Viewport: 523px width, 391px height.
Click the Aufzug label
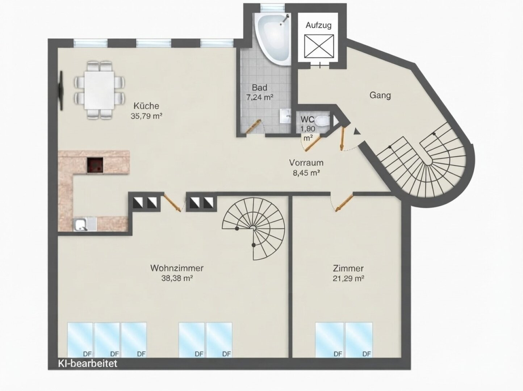tap(319, 25)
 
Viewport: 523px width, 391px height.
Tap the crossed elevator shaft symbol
tap(319, 46)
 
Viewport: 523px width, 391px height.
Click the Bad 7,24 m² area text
tap(259, 92)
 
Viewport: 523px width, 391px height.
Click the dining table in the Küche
tap(99, 90)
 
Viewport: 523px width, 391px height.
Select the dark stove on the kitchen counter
tap(95, 165)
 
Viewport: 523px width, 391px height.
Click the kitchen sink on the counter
tap(81, 224)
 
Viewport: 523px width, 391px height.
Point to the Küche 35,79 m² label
tap(146, 111)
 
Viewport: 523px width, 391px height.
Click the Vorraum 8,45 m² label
tap(306, 168)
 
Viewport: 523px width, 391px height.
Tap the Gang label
tap(380, 95)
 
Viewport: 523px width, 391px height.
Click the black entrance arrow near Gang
tap(356, 131)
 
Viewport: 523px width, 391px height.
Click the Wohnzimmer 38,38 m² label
tap(177, 273)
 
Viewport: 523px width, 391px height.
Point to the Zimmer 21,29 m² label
tap(348, 273)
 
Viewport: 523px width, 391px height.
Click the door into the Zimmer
tap(344, 203)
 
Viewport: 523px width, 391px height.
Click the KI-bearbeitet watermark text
tap(88, 363)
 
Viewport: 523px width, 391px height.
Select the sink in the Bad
tap(285, 116)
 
